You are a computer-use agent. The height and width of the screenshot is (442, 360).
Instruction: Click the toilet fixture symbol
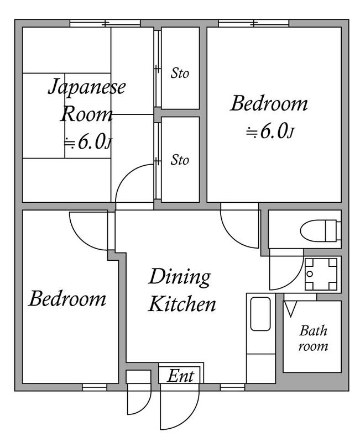[x=321, y=230]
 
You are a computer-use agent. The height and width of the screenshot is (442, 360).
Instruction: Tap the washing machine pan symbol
[x=321, y=274]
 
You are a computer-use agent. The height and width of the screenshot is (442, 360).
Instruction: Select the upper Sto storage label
[x=180, y=73]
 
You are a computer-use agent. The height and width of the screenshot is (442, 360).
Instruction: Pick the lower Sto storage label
[x=180, y=160]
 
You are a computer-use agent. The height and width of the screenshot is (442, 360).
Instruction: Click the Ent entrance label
[x=181, y=376]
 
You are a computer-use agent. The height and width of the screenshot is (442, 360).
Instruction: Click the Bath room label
[x=313, y=338]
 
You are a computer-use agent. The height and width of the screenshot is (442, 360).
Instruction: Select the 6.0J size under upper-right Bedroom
[x=270, y=131]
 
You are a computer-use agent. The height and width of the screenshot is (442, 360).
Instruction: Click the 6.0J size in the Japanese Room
[x=88, y=142]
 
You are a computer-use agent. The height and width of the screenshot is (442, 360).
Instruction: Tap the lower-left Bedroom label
[x=67, y=299]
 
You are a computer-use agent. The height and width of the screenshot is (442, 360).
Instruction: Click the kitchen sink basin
[x=260, y=314]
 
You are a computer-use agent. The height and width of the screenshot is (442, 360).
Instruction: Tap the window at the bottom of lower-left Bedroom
[x=95, y=387]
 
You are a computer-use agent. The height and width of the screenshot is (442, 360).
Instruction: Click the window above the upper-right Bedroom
[x=254, y=23]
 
